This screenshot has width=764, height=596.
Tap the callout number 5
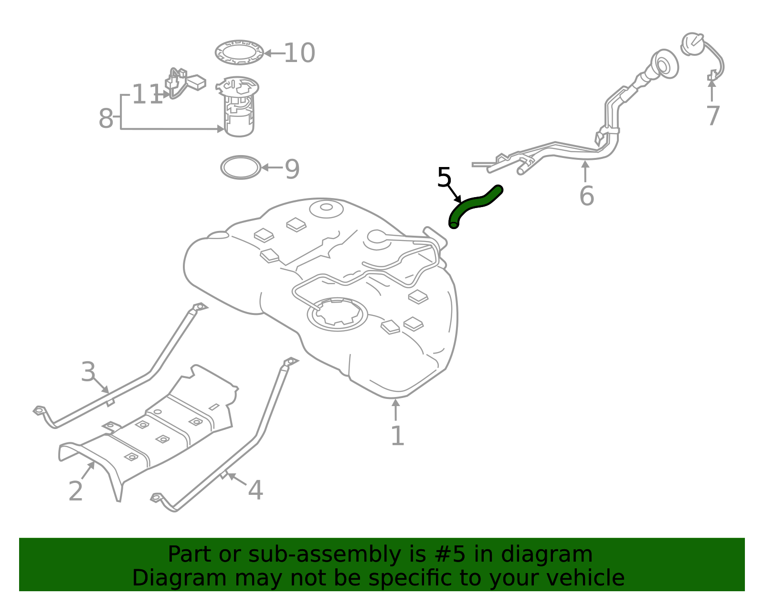pyautogui.click(x=444, y=178)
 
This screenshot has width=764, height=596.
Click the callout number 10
pyautogui.click(x=299, y=53)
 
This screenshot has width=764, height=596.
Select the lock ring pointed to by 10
pyautogui.click(x=239, y=52)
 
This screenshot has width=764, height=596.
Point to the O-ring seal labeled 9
pyautogui.click(x=241, y=167)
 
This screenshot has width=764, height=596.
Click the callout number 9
pyautogui.click(x=292, y=169)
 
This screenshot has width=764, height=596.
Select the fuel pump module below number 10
pyautogui.click(x=239, y=107)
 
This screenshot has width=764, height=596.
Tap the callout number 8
pyautogui.click(x=106, y=118)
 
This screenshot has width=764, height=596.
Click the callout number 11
pyautogui.click(x=147, y=94)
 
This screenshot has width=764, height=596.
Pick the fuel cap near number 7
pyautogui.click(x=692, y=44)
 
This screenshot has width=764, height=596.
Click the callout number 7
pyautogui.click(x=712, y=116)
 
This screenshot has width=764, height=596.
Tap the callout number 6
pyautogui.click(x=586, y=196)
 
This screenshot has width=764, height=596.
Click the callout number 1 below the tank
pyautogui.click(x=397, y=436)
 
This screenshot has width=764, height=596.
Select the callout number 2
pyautogui.click(x=75, y=491)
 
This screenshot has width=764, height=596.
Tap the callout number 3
pyautogui.click(x=88, y=372)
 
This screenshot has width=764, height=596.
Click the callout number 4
pyautogui.click(x=255, y=491)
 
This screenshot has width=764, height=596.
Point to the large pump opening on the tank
pyautogui.click(x=337, y=314)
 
